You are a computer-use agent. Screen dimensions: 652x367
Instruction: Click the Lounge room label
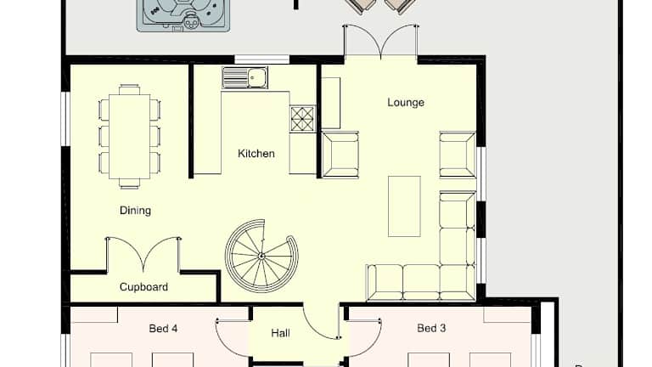pyautogui.click(x=406, y=102)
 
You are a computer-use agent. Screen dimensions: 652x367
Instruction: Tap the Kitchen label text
pyautogui.click(x=256, y=154)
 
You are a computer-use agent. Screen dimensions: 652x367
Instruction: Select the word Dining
pyautogui.click(x=135, y=211)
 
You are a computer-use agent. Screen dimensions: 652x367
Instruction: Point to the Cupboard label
pyautogui.click(x=143, y=286)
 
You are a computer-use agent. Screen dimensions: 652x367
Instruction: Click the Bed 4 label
pyautogui.click(x=163, y=329)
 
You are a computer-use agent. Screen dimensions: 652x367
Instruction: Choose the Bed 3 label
pyautogui.click(x=431, y=328)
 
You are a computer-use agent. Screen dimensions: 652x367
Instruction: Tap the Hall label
pyautogui.click(x=281, y=333)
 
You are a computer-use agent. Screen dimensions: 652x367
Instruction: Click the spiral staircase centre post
pyautogui.click(x=261, y=256)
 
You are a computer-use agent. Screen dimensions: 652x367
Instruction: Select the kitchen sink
pyautogui.click(x=244, y=78)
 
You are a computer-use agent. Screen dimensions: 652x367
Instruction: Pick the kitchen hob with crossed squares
pyautogui.click(x=302, y=119)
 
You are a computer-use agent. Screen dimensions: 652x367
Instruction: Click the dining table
pyautogui.click(x=129, y=137)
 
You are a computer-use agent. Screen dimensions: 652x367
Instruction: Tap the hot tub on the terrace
pyautogui.click(x=183, y=15)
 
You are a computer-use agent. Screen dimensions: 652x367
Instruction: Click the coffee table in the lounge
pyautogui.click(x=404, y=206)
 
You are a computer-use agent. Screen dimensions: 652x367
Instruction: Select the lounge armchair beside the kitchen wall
pyautogui.click(x=340, y=155)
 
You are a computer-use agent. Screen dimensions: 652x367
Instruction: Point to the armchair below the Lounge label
pyautogui.click(x=458, y=155)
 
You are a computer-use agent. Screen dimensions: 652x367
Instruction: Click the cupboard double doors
pyautogui.click(x=143, y=255)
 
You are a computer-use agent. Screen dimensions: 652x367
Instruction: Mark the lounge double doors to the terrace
pyautogui.click(x=380, y=41)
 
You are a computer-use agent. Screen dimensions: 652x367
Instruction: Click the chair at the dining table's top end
pyautogui.click(x=129, y=89)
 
